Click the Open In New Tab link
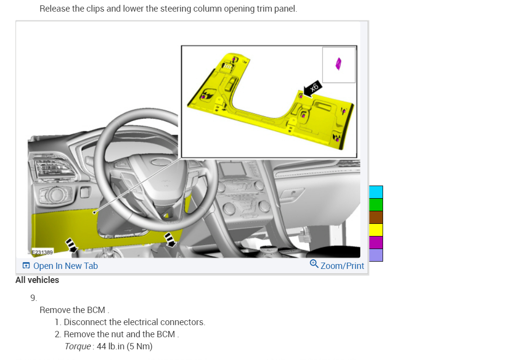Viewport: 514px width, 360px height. (x=65, y=266)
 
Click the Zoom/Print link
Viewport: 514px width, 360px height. (x=342, y=266)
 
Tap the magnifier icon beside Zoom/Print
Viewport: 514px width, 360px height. (x=314, y=264)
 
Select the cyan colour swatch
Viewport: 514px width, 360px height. (x=376, y=192)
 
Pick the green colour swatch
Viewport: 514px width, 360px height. (x=376, y=204)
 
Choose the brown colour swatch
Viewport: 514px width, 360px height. (x=376, y=217)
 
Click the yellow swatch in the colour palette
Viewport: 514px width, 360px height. (x=376, y=230)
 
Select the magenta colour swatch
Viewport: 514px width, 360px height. (x=376, y=242)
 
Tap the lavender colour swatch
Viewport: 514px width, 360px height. (x=376, y=255)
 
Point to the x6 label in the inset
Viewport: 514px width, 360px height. (x=314, y=88)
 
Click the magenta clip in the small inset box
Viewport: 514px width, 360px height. (x=338, y=64)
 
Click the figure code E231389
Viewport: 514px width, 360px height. (x=43, y=252)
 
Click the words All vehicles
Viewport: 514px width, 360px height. (x=37, y=280)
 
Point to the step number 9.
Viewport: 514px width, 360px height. (x=33, y=297)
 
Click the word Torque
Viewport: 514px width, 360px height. (x=77, y=346)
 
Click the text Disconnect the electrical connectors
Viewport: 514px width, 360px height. (x=134, y=322)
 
